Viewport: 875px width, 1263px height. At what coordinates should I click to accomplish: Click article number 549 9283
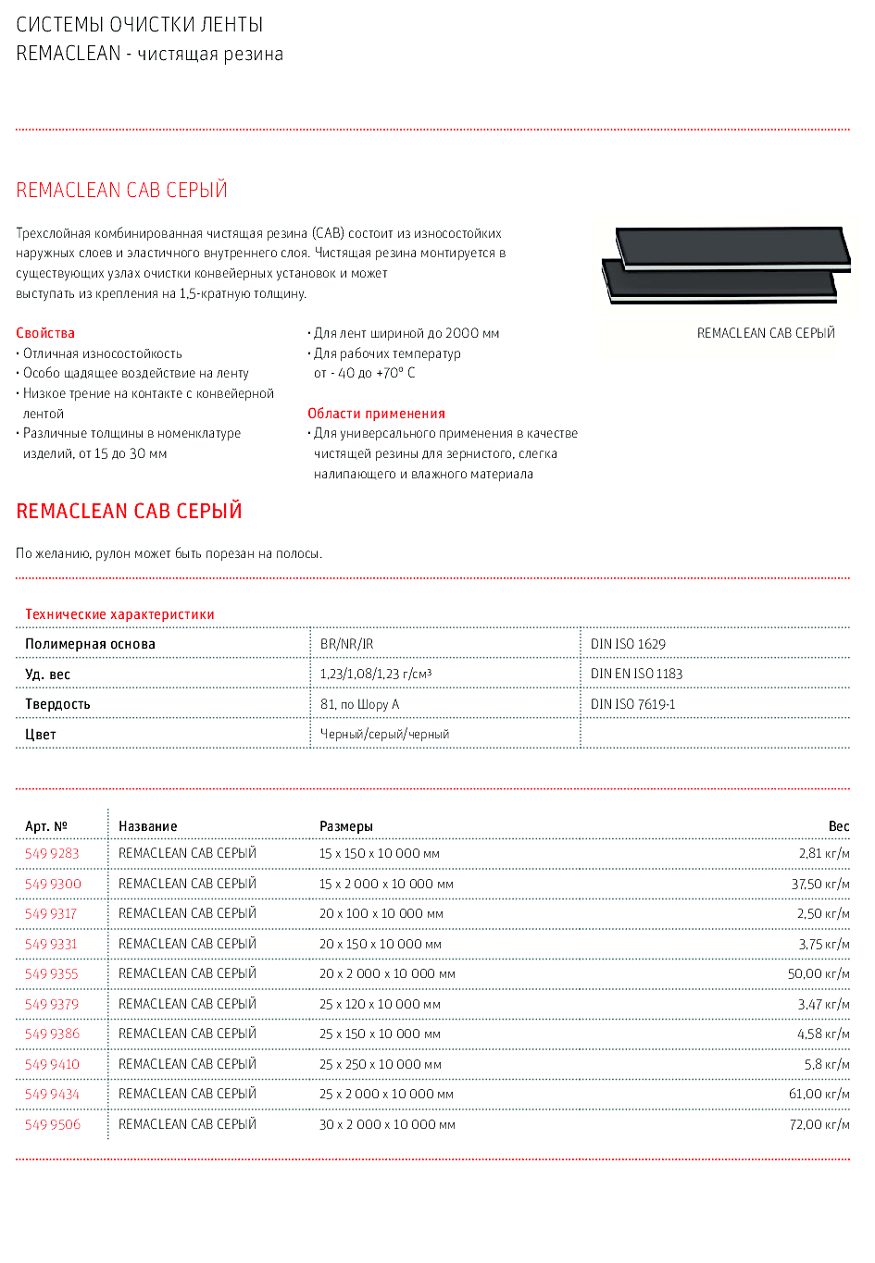(52, 853)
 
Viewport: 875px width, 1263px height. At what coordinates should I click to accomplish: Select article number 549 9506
(53, 1124)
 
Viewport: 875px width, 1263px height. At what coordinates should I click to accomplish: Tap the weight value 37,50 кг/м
(819, 884)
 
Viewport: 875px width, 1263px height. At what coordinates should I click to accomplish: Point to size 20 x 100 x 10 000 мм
(381, 913)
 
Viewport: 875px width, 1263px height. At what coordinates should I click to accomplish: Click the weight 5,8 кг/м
(826, 1064)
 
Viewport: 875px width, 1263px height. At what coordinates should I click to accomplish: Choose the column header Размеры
(345, 826)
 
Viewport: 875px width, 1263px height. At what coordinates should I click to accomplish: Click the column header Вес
(838, 826)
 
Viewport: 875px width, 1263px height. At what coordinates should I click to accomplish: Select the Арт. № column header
(46, 826)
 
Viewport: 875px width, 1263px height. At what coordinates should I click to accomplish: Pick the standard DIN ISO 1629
(628, 644)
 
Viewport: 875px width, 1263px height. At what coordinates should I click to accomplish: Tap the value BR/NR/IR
(346, 644)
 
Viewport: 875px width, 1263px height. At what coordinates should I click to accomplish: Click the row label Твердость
(57, 704)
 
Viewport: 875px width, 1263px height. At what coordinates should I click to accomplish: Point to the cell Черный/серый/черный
(384, 734)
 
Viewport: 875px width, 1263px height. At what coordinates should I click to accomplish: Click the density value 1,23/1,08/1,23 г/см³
(375, 674)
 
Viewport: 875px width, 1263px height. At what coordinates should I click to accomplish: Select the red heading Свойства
(45, 333)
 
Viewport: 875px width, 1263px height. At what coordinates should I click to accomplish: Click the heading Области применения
(376, 414)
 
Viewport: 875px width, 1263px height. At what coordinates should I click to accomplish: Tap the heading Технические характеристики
(119, 614)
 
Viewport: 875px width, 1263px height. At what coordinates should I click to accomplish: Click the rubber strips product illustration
(727, 265)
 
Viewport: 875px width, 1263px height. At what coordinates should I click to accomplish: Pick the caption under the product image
(766, 333)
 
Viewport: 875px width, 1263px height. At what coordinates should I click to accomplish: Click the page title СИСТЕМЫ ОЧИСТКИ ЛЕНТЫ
(140, 25)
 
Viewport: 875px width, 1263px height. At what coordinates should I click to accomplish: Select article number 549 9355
(52, 973)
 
